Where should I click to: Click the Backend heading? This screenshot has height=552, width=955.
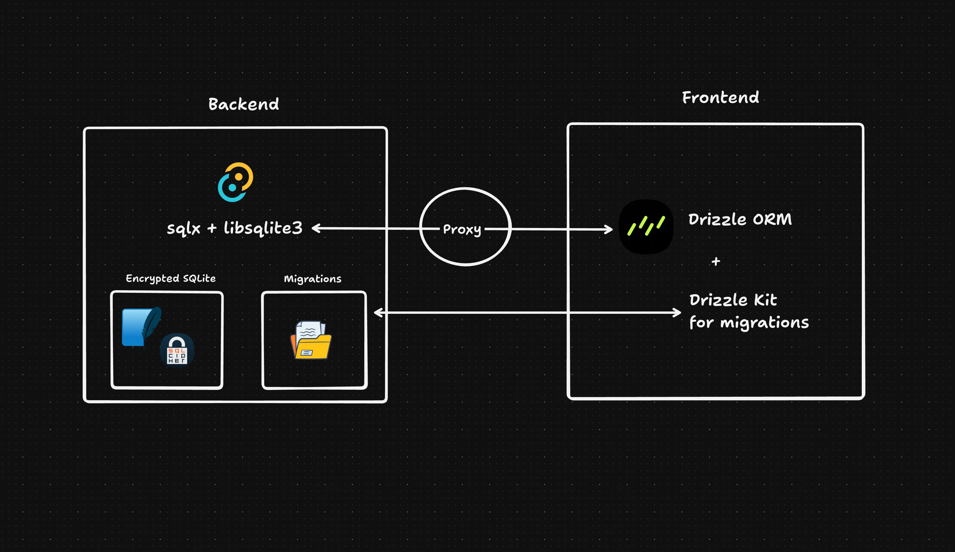pyautogui.click(x=243, y=104)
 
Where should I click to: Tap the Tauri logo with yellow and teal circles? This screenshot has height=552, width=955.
pyautogui.click(x=235, y=182)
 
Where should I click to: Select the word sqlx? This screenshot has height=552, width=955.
pyautogui.click(x=183, y=228)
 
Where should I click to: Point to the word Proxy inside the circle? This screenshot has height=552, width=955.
pyautogui.click(x=462, y=229)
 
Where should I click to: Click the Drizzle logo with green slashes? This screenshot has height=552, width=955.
pyautogui.click(x=646, y=227)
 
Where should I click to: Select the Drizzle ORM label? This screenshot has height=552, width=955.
pyautogui.click(x=740, y=219)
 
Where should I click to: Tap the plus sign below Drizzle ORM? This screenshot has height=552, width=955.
pyautogui.click(x=715, y=261)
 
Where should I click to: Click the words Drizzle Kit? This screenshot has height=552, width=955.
pyautogui.click(x=733, y=300)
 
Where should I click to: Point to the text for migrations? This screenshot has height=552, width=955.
pyautogui.click(x=749, y=322)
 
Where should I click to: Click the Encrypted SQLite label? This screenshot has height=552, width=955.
pyautogui.click(x=170, y=278)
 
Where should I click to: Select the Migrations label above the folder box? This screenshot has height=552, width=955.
pyautogui.click(x=313, y=279)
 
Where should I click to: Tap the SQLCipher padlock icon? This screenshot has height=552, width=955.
pyautogui.click(x=177, y=350)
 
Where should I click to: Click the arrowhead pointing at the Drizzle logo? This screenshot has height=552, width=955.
pyautogui.click(x=609, y=229)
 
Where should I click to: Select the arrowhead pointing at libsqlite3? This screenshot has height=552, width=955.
pyautogui.click(x=316, y=228)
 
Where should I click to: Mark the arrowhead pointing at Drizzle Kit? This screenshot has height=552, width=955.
pyautogui.click(x=677, y=313)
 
